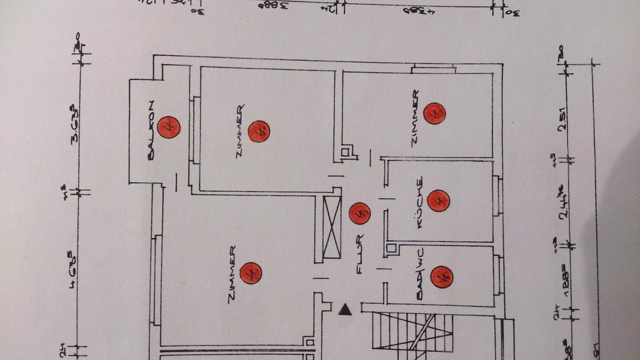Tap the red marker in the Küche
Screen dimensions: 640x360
click(438, 200)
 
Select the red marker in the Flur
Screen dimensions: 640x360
click(359, 213)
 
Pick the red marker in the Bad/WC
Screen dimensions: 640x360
click(441, 276)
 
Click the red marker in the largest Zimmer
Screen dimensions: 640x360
click(251, 273)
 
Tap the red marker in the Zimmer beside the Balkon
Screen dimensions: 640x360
click(259, 131)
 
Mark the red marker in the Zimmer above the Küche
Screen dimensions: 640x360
click(435, 113)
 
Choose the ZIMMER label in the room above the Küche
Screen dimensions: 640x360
click(416, 117)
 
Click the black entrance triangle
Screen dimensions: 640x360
click(345, 309)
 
